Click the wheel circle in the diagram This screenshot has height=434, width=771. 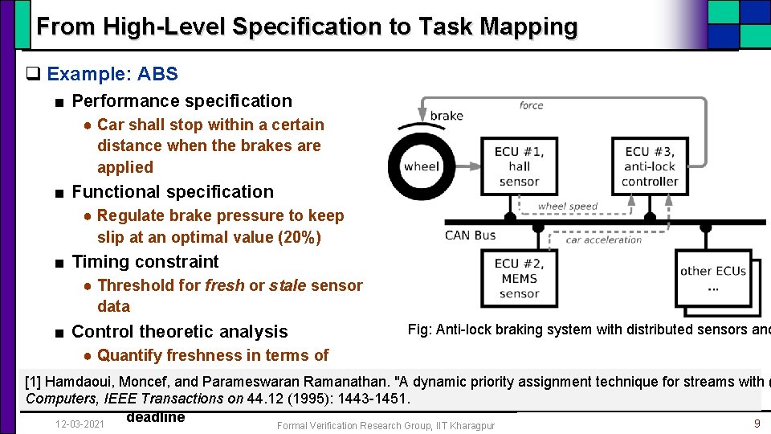422,166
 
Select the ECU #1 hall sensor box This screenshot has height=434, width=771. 519,166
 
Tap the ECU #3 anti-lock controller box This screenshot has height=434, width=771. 649,166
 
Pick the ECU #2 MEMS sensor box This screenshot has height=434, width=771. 519,278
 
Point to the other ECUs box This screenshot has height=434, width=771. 713,278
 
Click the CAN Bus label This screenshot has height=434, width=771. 471,235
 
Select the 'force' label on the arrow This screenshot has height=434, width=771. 531,105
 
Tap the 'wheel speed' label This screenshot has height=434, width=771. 568,207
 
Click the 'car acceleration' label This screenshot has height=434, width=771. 604,240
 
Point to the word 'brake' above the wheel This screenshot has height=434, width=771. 447,116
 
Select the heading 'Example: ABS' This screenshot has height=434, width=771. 112,74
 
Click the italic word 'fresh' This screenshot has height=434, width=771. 225,285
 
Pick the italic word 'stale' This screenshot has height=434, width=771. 288,285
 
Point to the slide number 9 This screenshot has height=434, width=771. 757,423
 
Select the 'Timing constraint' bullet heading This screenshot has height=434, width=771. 145,261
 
